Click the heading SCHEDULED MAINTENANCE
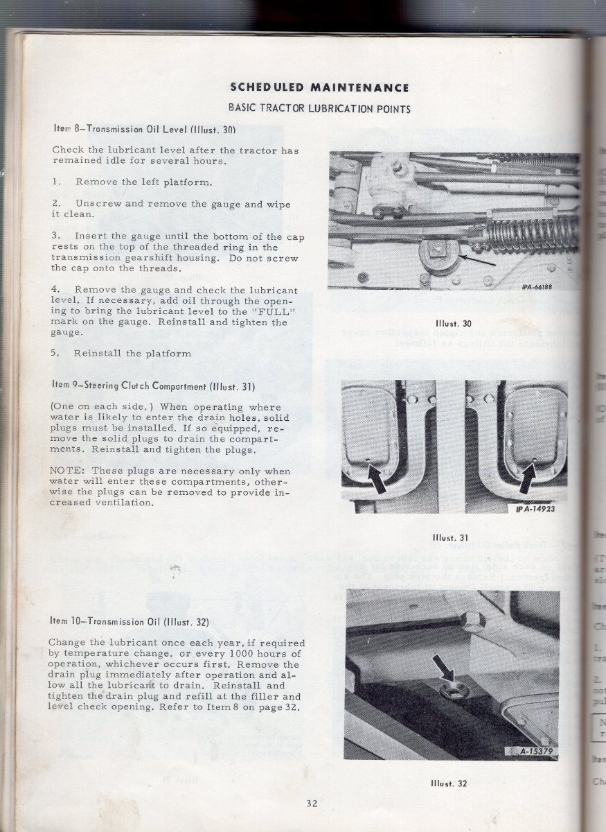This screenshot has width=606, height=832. click(319, 87)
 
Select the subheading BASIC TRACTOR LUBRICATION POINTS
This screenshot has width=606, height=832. click(319, 108)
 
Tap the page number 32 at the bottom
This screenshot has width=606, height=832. click(312, 804)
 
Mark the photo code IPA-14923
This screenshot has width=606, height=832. click(535, 510)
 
